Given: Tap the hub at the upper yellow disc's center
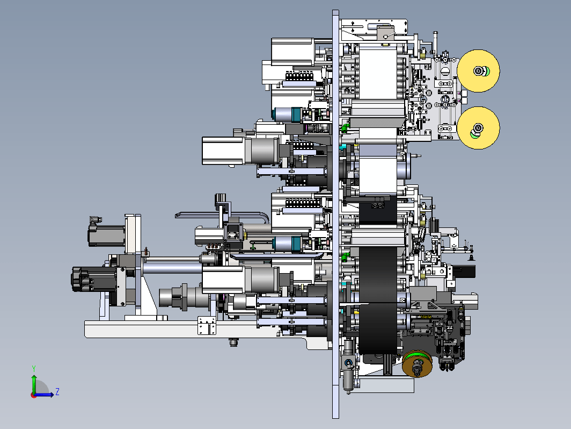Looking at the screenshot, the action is coord(478,71).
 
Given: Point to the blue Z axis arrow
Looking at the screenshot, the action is coord(43,395).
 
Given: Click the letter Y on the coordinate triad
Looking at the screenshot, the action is coord(34,368).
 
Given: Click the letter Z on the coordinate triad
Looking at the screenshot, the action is coord(57,392).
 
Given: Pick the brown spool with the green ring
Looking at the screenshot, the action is coord(418,364).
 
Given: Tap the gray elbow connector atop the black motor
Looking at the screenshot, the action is coord(95,219).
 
